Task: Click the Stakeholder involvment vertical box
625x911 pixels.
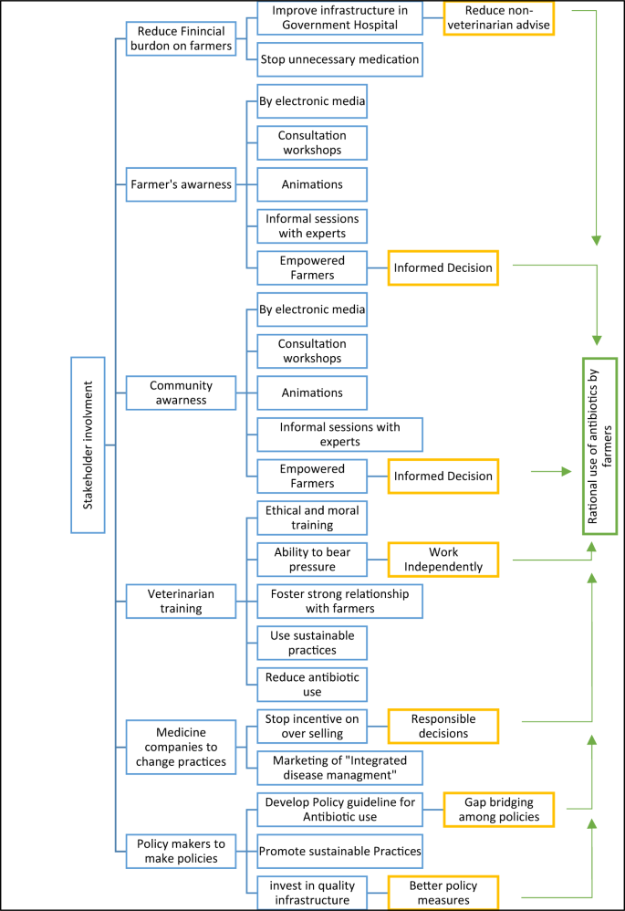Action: click(x=89, y=445)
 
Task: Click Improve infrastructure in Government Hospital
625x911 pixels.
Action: click(x=339, y=18)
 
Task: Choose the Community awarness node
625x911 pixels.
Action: click(x=179, y=393)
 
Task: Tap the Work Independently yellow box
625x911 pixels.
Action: click(x=443, y=559)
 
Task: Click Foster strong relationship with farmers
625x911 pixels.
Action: click(x=339, y=601)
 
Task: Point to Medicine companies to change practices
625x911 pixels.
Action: click(x=179, y=747)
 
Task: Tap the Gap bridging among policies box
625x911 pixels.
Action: click(x=500, y=810)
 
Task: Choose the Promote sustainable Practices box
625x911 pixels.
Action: click(x=339, y=851)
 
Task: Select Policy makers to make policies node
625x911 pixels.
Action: click(x=179, y=851)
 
